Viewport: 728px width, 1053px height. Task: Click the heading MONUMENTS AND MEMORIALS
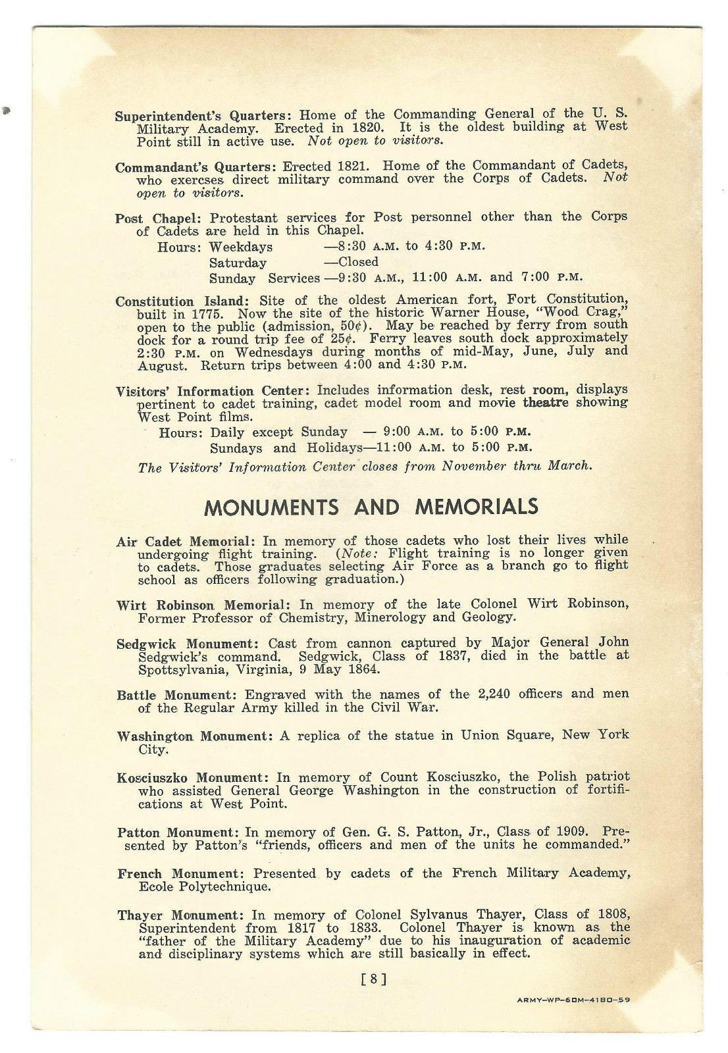pos(371,507)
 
